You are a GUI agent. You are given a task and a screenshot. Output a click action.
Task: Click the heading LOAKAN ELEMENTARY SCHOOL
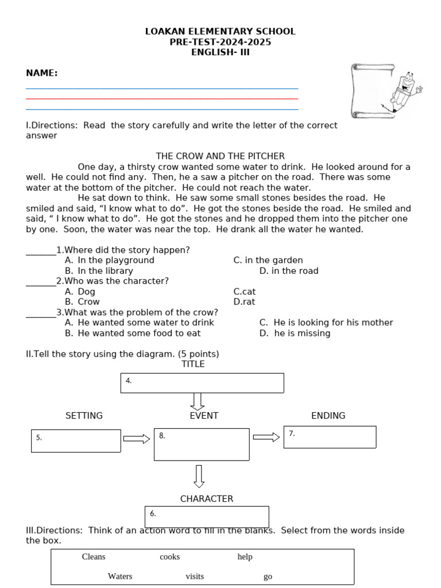coord(220,32)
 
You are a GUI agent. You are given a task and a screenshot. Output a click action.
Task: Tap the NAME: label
coord(42,73)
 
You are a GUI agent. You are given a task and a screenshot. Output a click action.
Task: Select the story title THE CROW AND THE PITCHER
coord(220,156)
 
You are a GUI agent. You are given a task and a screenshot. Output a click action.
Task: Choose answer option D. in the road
coord(289,270)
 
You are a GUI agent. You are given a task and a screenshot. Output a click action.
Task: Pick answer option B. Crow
coord(82,301)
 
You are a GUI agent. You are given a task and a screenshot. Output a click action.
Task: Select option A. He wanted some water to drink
coord(140,322)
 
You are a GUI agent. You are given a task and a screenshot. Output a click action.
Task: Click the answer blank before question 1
coord(40,250)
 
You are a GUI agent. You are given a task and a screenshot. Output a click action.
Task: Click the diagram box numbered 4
coord(202,383)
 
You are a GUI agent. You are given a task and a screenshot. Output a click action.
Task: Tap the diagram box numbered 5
coord(76,440)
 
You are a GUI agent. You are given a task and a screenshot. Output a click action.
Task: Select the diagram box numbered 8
coord(202,444)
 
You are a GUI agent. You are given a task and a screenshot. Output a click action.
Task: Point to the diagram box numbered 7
coord(330,436)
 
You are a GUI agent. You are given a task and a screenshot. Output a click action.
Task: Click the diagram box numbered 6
coord(207,516)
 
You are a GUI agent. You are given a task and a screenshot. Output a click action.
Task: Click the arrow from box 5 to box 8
coord(137,439)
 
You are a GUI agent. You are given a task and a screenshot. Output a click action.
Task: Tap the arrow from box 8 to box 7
coord(266,438)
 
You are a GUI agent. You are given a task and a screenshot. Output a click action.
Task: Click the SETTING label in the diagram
coord(84,416)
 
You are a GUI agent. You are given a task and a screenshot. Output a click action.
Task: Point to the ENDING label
coord(328,416)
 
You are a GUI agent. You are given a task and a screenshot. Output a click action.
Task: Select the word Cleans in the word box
coord(94,556)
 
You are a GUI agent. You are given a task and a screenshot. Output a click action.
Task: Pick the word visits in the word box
coord(195,577)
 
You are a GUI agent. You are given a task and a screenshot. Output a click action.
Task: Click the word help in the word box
coord(245,556)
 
